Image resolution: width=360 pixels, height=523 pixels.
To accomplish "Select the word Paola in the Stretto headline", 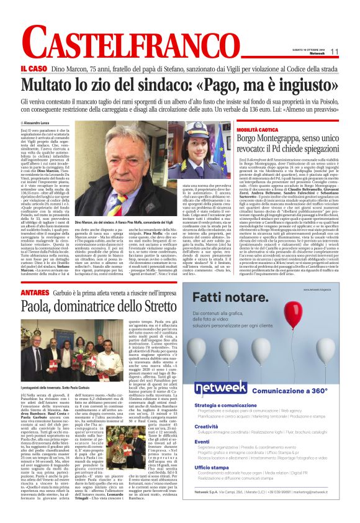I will click(x=38, y=306).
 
